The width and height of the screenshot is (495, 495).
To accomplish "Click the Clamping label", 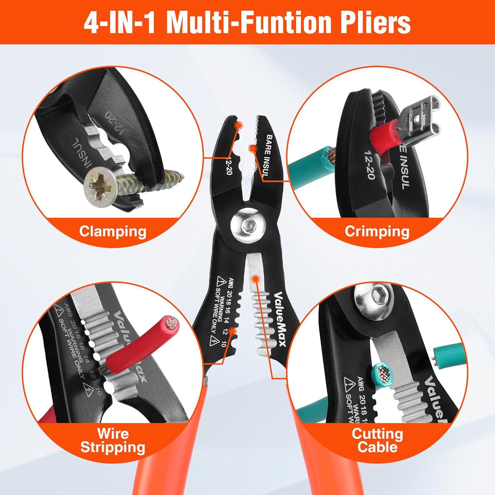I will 113,231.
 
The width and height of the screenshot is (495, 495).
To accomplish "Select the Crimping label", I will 377,231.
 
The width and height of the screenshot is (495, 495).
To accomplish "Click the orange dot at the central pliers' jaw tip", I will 238,125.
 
